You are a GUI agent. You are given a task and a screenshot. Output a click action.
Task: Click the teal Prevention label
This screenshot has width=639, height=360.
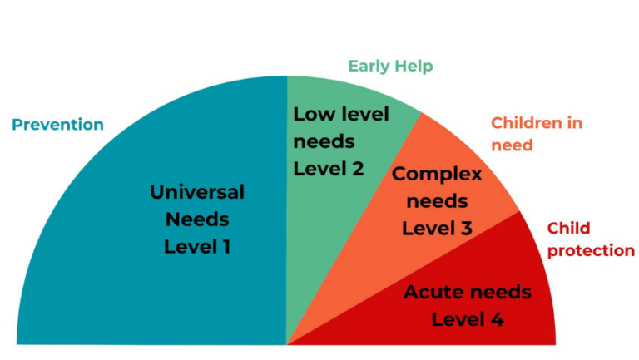(x=57, y=125)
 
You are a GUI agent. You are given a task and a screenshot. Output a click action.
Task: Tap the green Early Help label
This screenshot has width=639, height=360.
(x=390, y=66)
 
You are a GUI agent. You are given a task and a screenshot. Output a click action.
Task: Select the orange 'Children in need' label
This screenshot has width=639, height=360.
(x=536, y=134)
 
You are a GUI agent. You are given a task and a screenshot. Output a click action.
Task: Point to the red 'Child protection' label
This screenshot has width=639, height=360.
(x=590, y=239)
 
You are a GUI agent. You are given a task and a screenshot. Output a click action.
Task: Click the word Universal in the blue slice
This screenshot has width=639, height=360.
(x=197, y=192)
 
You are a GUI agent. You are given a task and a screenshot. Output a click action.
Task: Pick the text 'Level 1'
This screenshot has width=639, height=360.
(x=197, y=247)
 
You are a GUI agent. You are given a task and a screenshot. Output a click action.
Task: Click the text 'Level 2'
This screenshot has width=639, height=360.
(x=329, y=169)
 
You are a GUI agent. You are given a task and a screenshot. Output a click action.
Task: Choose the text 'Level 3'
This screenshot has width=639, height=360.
(x=437, y=229)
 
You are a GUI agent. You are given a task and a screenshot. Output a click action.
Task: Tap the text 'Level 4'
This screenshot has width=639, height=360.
(x=467, y=319)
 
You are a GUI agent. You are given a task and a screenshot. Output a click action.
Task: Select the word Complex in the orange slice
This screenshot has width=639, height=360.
(x=437, y=175)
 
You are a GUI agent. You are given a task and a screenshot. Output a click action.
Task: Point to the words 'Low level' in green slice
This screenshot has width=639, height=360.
(x=340, y=115)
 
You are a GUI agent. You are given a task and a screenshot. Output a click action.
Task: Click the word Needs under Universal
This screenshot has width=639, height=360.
(x=197, y=219)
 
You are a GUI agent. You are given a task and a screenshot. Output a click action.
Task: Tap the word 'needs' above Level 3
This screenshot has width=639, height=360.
(x=437, y=202)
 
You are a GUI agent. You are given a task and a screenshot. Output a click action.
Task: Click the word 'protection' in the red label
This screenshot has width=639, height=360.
(x=590, y=250)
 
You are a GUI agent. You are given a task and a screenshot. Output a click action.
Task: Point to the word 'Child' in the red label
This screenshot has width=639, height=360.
(x=567, y=228)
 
